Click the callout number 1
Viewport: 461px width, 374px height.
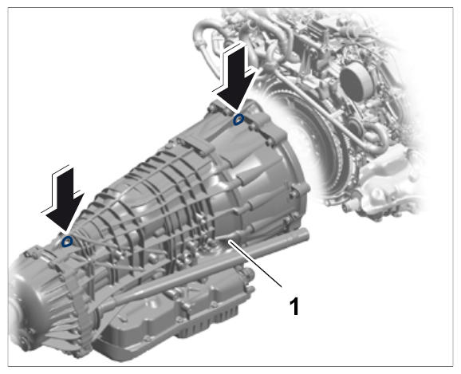[x=294, y=306]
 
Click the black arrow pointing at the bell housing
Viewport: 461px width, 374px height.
[x=238, y=79]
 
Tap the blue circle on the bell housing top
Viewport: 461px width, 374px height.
[x=238, y=120]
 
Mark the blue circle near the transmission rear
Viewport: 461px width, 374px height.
[x=67, y=242]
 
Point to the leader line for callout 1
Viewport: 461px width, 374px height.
[x=255, y=263]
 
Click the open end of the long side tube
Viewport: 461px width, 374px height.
[x=305, y=234]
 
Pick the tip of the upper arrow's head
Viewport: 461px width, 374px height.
[x=238, y=113]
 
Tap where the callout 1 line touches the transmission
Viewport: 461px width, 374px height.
[x=230, y=241]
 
